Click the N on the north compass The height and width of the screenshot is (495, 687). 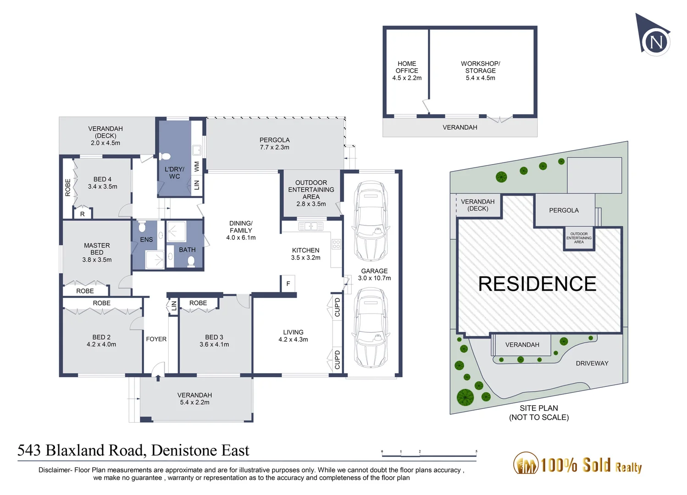656,42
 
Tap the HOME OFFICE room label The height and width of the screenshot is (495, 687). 407,71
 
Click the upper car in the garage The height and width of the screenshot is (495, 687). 371,221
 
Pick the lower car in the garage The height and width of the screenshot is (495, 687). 371,327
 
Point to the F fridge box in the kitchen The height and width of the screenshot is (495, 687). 288,284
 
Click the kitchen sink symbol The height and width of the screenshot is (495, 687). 310,226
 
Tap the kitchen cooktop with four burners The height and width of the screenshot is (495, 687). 336,244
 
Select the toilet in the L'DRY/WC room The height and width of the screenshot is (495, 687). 166,156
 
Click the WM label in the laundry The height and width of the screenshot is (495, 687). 197,166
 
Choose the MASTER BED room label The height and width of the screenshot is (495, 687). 97,249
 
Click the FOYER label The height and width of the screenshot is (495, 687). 156,339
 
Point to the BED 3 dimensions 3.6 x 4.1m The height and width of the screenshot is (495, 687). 214,345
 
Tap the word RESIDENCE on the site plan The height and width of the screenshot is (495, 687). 537,284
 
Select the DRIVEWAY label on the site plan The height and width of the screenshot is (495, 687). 592,363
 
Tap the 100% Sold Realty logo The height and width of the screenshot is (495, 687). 577,464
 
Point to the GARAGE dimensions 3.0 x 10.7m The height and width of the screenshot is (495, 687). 374,278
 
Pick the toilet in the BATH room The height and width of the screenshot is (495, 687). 191,261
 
